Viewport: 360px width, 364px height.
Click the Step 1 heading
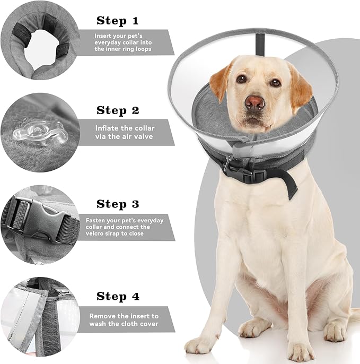118,21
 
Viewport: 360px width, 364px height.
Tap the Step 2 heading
118,111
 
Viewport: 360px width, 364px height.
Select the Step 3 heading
118,204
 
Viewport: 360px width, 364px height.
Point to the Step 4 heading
118,297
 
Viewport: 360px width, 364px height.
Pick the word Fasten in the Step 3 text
96,220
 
